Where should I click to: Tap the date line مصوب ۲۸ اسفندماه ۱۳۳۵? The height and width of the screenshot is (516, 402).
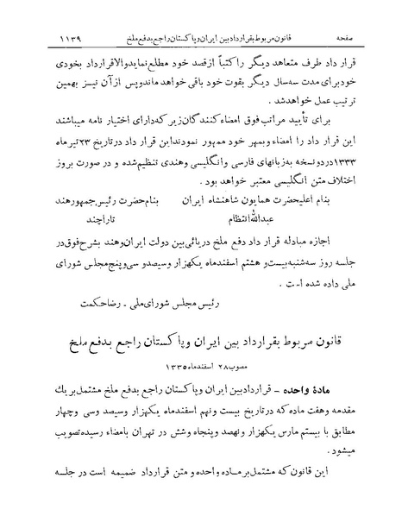(201, 349)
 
